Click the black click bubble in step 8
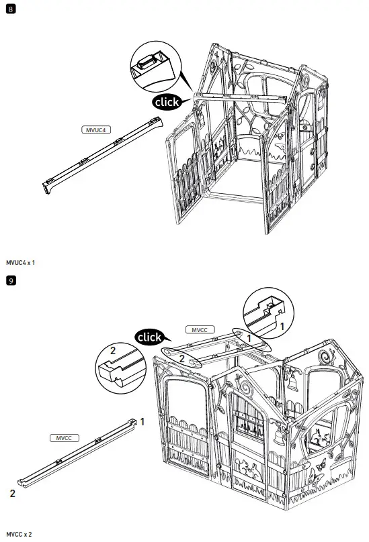pyautogui.click(x=166, y=103)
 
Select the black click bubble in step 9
pyautogui.click(x=149, y=337)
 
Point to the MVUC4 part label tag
pyautogui.click(x=94, y=130)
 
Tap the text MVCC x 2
pyautogui.click(x=18, y=533)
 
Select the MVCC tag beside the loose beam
pyautogui.click(x=65, y=437)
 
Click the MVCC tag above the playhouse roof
pyautogui.click(x=199, y=330)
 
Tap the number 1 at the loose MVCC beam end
pyautogui.click(x=142, y=421)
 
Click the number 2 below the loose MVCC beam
pyautogui.click(x=13, y=493)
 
